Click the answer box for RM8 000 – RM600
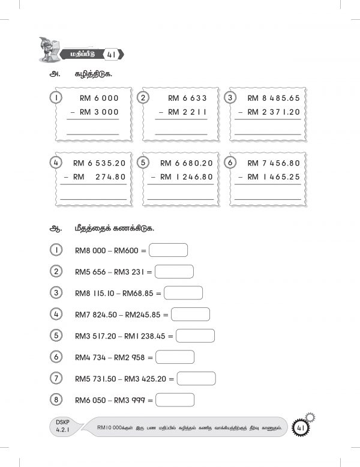168,250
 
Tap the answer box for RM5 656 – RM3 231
174,271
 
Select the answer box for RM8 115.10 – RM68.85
183,293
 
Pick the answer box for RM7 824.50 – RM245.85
190,314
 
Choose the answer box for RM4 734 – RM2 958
175,357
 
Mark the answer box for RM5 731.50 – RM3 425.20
196,379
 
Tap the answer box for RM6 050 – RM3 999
175,400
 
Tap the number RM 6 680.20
187,163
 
